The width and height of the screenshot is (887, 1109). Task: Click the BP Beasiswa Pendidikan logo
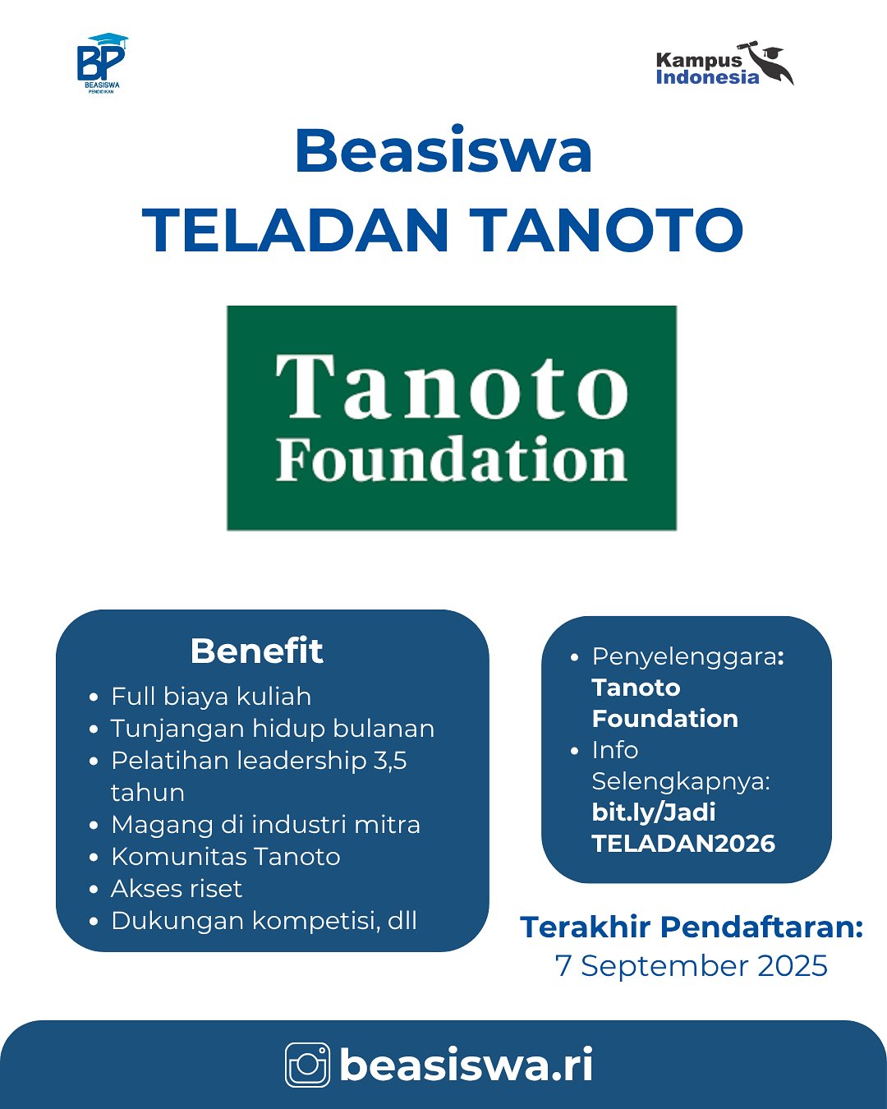pos(102,63)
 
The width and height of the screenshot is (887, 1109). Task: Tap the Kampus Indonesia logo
pos(724,64)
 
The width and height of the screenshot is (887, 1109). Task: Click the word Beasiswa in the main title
pos(443,150)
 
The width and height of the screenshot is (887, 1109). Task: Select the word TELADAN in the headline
pos(295,230)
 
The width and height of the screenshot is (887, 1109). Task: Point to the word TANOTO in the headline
pos(607,230)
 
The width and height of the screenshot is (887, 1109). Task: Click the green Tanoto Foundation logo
pos(452,418)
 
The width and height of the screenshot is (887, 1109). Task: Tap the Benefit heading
pos(257,651)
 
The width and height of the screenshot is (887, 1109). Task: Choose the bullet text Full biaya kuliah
pos(211,697)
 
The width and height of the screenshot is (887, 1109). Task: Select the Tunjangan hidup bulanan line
pos(273,729)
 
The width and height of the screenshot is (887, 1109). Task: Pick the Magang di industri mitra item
pos(265,825)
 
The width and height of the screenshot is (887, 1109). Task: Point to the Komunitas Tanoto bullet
pos(226,857)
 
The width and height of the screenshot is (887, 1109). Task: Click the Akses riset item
pos(177,889)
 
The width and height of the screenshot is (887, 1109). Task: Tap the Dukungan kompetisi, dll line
pos(264,921)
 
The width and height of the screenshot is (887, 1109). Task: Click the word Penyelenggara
pos(684,657)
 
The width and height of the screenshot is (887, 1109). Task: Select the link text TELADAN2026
pos(683,844)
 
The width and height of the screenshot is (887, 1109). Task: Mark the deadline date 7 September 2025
pos(692,965)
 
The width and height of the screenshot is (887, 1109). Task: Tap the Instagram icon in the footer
pos(308,1065)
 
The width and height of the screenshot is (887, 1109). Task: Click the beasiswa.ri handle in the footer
pos(466,1064)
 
